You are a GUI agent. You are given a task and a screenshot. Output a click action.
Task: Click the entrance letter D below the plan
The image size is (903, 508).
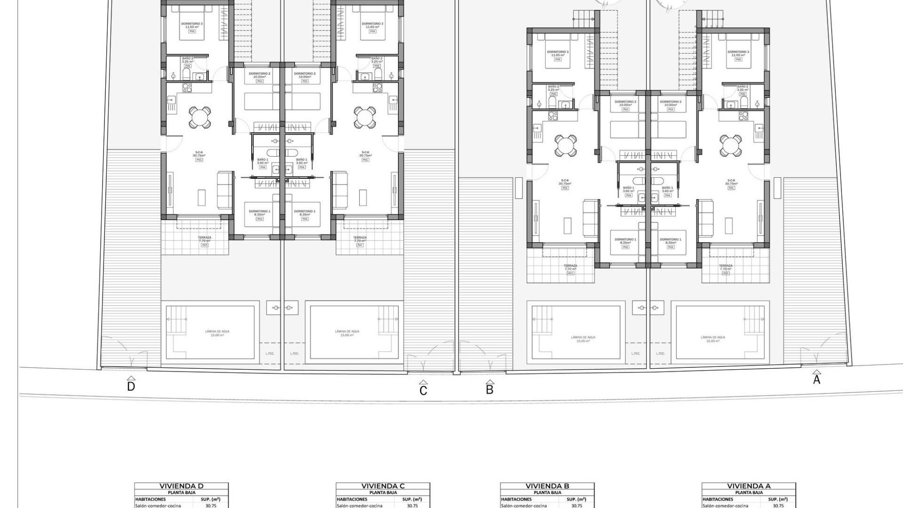[131, 387]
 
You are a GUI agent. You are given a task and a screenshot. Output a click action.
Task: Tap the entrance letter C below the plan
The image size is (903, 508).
[423, 390]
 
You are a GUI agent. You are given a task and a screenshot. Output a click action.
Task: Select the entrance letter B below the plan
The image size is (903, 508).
[490, 389]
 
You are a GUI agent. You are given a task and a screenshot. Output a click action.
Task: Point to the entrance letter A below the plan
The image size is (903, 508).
[816, 380]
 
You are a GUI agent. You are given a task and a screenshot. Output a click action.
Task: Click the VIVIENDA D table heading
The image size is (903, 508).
[182, 486]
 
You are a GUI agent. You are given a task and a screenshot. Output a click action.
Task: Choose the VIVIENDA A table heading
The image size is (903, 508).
[749, 486]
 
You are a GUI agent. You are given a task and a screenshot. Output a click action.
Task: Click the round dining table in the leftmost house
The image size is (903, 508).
[200, 117]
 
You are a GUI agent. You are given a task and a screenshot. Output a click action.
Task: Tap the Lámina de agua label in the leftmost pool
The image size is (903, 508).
[217, 332]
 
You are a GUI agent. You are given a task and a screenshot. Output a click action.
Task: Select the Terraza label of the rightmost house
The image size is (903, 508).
[726, 266]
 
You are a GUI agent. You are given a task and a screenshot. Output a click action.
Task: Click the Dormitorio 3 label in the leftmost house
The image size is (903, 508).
[192, 24]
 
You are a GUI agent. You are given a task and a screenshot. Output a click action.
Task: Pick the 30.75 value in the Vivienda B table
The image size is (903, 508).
[577, 506]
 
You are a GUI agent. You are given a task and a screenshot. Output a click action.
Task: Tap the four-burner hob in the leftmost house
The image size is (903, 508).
[187, 87]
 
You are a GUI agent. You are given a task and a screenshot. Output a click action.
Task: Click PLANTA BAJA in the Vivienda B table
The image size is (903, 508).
[547, 493]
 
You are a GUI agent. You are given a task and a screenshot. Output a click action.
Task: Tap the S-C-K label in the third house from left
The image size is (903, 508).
[564, 181]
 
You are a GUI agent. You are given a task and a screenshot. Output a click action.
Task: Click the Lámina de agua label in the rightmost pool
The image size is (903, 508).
[713, 337]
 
